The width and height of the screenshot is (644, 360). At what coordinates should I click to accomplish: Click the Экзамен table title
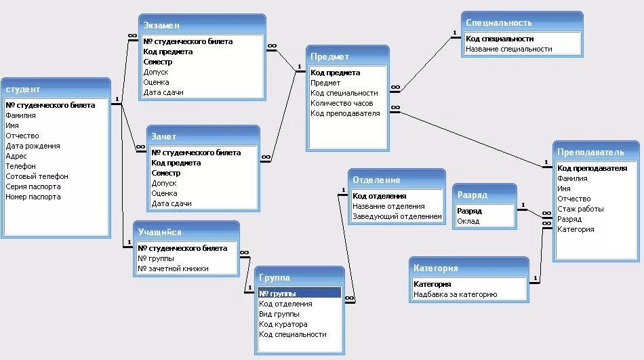click(161, 25)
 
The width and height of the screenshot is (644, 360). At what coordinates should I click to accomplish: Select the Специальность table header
click(498, 22)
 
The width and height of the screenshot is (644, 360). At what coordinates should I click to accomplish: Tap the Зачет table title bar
click(164, 136)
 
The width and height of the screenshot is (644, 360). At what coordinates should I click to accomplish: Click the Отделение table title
click(376, 180)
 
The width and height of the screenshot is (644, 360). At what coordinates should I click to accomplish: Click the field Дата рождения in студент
click(33, 146)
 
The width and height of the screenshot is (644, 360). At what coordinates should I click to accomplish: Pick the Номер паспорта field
click(33, 197)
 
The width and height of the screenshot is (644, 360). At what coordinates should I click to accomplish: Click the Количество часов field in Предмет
click(342, 103)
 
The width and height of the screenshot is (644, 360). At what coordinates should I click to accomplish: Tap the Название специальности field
click(509, 49)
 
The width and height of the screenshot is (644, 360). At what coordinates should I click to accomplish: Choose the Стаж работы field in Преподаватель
click(580, 209)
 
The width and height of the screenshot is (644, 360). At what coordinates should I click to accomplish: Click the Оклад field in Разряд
click(468, 221)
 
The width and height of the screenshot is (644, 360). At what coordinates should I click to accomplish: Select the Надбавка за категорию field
click(456, 294)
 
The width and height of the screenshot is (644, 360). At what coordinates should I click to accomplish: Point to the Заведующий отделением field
click(397, 217)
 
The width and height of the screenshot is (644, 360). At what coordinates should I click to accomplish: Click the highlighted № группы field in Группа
click(277, 294)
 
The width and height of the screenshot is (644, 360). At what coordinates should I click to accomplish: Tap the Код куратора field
click(283, 324)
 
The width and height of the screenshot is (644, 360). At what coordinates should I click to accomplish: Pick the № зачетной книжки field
click(173, 268)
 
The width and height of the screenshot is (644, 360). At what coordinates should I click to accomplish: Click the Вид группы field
click(279, 314)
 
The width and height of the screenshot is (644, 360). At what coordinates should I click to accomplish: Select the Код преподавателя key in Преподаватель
click(592, 168)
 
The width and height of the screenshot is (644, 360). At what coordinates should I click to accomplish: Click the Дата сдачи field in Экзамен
click(163, 92)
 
